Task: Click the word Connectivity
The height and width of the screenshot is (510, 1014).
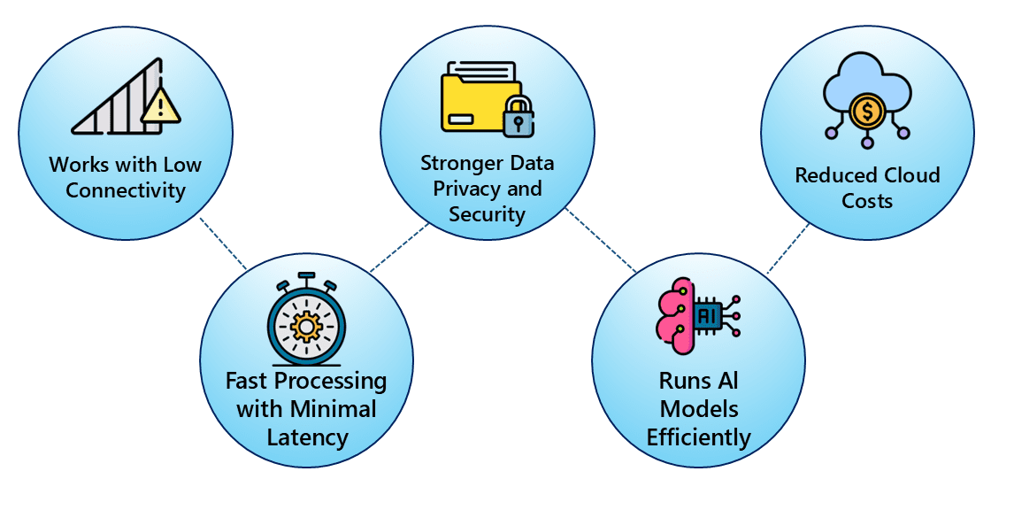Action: coord(126,190)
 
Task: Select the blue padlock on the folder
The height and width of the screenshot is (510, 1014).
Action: coord(517,118)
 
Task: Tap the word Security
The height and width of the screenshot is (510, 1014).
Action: coord(487,214)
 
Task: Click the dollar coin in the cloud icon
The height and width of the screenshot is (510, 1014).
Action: coord(866,112)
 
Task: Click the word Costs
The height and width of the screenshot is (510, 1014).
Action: coord(867,201)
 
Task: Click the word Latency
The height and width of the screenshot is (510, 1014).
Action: coord(306,437)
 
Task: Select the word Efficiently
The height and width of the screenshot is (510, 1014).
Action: coord(698,437)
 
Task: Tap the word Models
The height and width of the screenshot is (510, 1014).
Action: coord(698,409)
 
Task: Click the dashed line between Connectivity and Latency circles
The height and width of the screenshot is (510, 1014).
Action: coord(223,243)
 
